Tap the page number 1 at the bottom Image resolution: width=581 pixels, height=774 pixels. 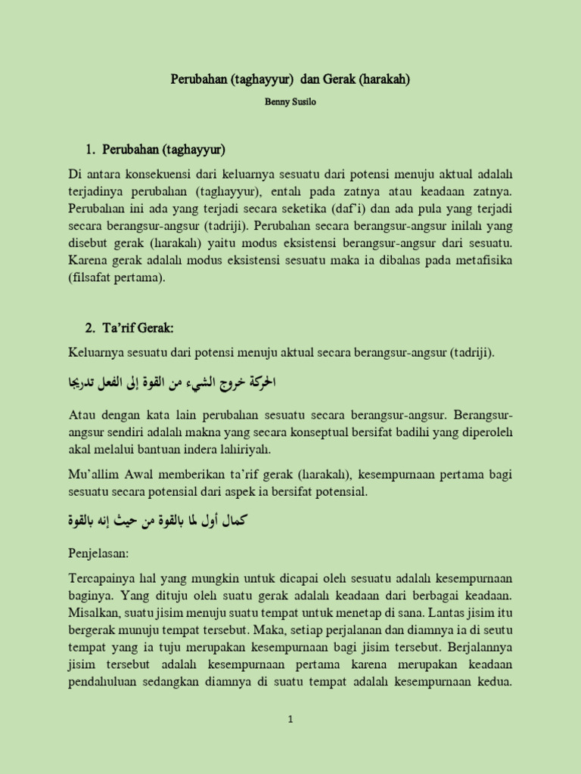(x=290, y=720)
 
